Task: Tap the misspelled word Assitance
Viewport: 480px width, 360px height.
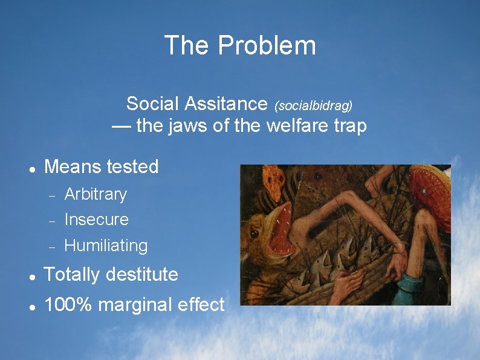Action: coord(226,104)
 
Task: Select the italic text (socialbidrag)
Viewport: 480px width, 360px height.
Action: coord(313,106)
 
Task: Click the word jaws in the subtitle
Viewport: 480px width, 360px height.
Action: coord(185,126)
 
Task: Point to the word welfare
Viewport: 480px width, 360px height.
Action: coord(303,126)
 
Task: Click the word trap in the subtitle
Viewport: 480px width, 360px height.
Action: coord(351,127)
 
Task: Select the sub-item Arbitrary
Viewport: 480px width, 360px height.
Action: coord(96,194)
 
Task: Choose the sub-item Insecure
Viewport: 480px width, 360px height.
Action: coord(96,220)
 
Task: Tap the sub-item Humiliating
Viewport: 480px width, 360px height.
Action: coord(106,246)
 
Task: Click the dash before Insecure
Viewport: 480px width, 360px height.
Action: coord(52,221)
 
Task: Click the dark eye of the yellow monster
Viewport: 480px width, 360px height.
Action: coord(255,234)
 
